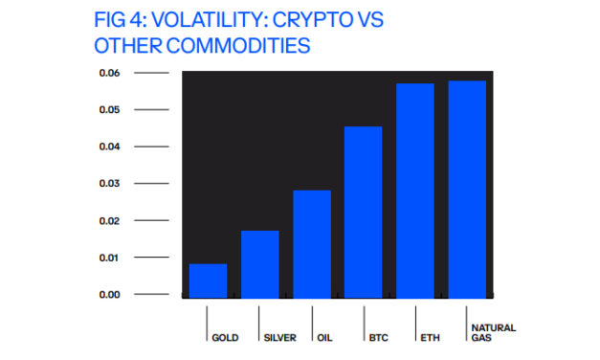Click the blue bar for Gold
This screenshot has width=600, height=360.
(208, 281)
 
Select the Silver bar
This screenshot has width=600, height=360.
(259, 264)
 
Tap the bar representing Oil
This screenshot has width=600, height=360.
(311, 244)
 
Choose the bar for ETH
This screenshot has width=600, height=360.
(414, 191)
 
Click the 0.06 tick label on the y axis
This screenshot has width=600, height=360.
(108, 74)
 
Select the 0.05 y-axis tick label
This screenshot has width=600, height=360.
(108, 110)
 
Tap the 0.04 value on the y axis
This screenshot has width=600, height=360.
(108, 146)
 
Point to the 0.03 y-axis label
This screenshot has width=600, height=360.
(108, 183)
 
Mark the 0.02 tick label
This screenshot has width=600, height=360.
(108, 220)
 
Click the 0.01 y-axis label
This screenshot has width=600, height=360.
(108, 258)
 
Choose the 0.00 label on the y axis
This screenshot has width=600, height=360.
(108, 294)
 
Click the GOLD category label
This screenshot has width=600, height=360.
(226, 337)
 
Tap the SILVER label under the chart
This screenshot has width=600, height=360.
(279, 337)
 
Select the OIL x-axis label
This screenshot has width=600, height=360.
(326, 337)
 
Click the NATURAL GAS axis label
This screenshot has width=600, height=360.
(492, 332)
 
